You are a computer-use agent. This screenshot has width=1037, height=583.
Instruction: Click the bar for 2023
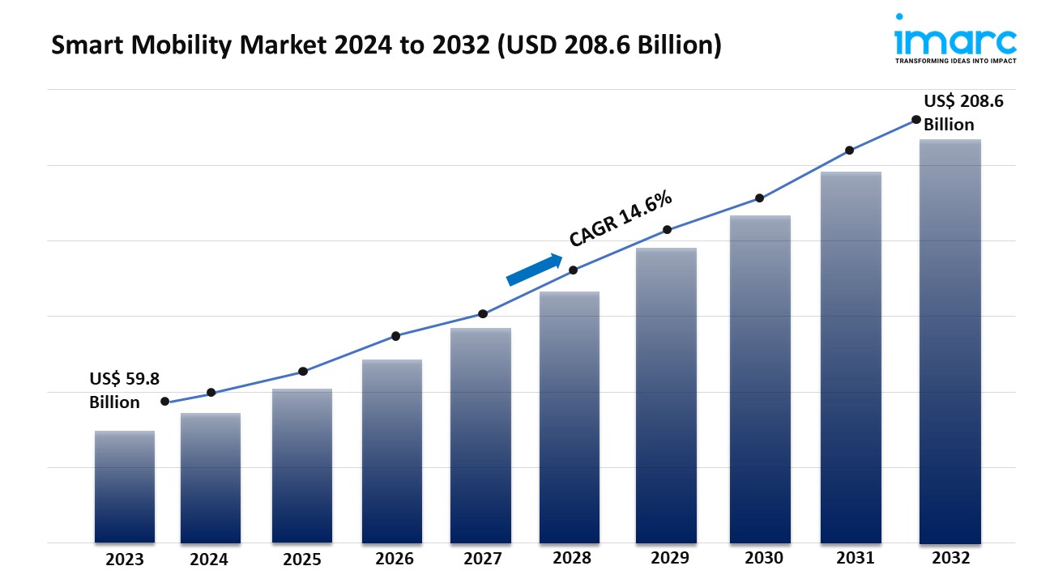tap(124, 487)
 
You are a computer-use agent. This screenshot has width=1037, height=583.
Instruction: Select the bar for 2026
tap(392, 451)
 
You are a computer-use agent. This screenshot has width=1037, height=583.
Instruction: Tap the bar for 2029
tap(666, 395)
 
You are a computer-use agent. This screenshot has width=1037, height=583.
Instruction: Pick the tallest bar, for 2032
tap(950, 341)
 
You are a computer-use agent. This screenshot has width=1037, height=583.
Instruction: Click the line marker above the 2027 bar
tap(483, 313)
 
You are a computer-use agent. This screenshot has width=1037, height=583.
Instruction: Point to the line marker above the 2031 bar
tap(850, 150)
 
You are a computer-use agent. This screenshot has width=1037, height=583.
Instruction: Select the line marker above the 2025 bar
tap(303, 371)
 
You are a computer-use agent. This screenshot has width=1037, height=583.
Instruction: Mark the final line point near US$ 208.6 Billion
tap(916, 119)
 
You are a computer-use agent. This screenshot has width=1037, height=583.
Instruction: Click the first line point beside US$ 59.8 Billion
tap(165, 401)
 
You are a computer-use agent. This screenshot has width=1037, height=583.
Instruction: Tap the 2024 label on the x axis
tap(209, 560)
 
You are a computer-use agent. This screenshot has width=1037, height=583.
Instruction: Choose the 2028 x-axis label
tap(572, 559)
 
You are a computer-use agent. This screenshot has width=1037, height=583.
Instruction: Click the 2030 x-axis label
tap(763, 559)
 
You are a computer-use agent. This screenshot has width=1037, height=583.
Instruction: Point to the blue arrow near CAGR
tap(535, 270)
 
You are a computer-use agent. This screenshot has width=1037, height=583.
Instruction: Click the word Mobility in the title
tap(169, 46)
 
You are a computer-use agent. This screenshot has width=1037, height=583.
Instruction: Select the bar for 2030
tap(760, 379)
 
